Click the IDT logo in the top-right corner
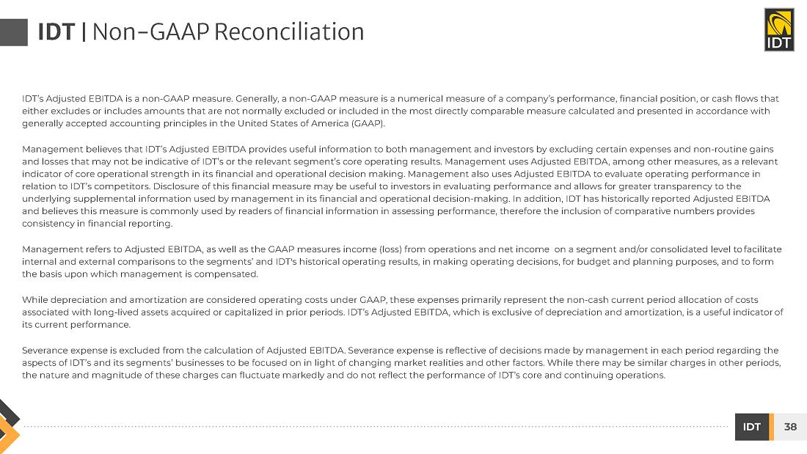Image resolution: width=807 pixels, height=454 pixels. (778, 29)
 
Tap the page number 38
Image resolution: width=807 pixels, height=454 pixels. (790, 427)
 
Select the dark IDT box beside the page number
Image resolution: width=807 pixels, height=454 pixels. (751, 427)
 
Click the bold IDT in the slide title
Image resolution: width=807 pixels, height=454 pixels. (56, 32)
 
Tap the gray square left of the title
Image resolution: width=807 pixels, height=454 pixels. (13, 32)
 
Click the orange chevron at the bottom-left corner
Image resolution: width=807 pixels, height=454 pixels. (9, 433)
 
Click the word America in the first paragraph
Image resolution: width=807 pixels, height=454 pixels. (326, 123)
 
